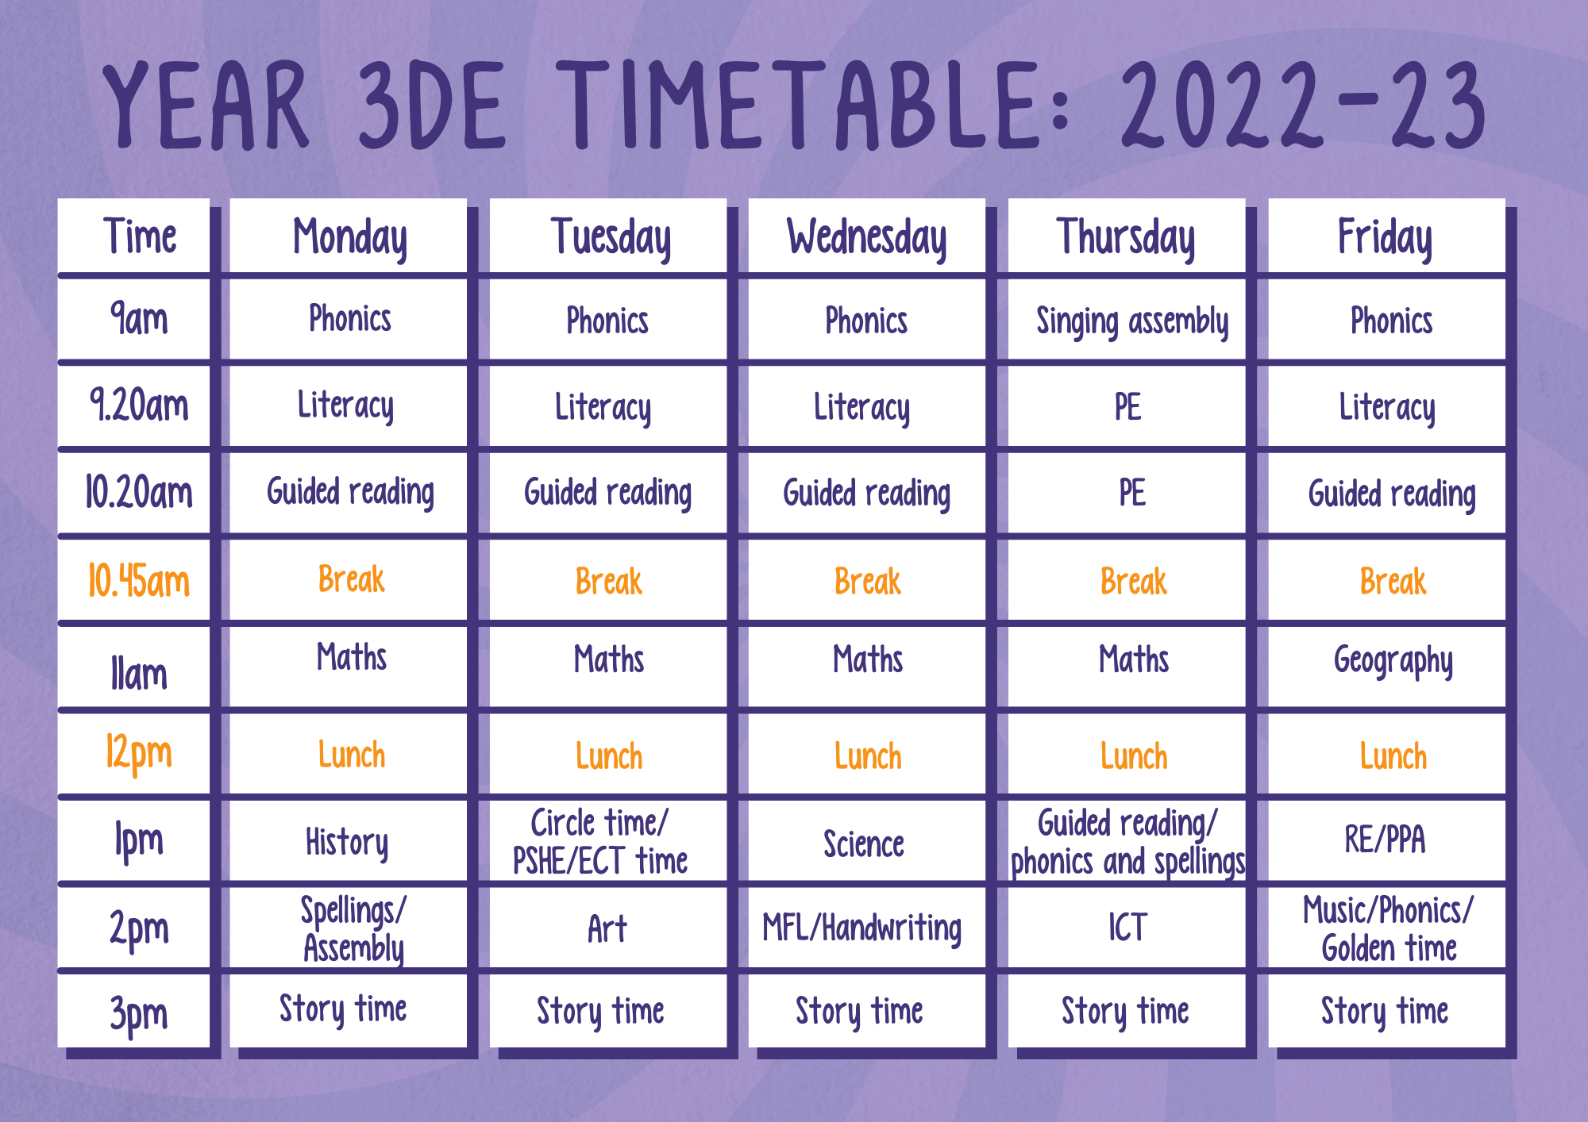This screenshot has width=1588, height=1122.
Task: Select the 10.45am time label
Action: (139, 581)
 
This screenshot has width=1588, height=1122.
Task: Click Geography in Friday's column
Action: (1393, 661)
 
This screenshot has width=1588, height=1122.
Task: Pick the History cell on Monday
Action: (347, 842)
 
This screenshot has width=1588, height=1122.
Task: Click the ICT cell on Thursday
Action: (1127, 927)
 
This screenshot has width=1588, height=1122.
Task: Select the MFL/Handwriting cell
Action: (862, 928)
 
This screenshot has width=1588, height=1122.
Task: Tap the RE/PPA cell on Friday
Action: (1386, 840)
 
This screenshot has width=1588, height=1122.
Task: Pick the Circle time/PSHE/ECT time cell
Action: (600, 842)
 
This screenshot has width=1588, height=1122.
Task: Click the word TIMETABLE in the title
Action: (797, 106)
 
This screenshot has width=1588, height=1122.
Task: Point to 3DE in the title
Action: (433, 106)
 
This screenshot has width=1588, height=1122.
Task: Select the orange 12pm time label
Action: (139, 753)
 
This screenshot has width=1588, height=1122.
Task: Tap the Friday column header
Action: (1386, 237)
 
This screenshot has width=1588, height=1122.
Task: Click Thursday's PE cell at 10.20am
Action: (1132, 493)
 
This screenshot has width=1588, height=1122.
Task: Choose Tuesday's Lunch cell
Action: (609, 756)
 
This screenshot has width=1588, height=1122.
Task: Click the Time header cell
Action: (140, 236)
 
